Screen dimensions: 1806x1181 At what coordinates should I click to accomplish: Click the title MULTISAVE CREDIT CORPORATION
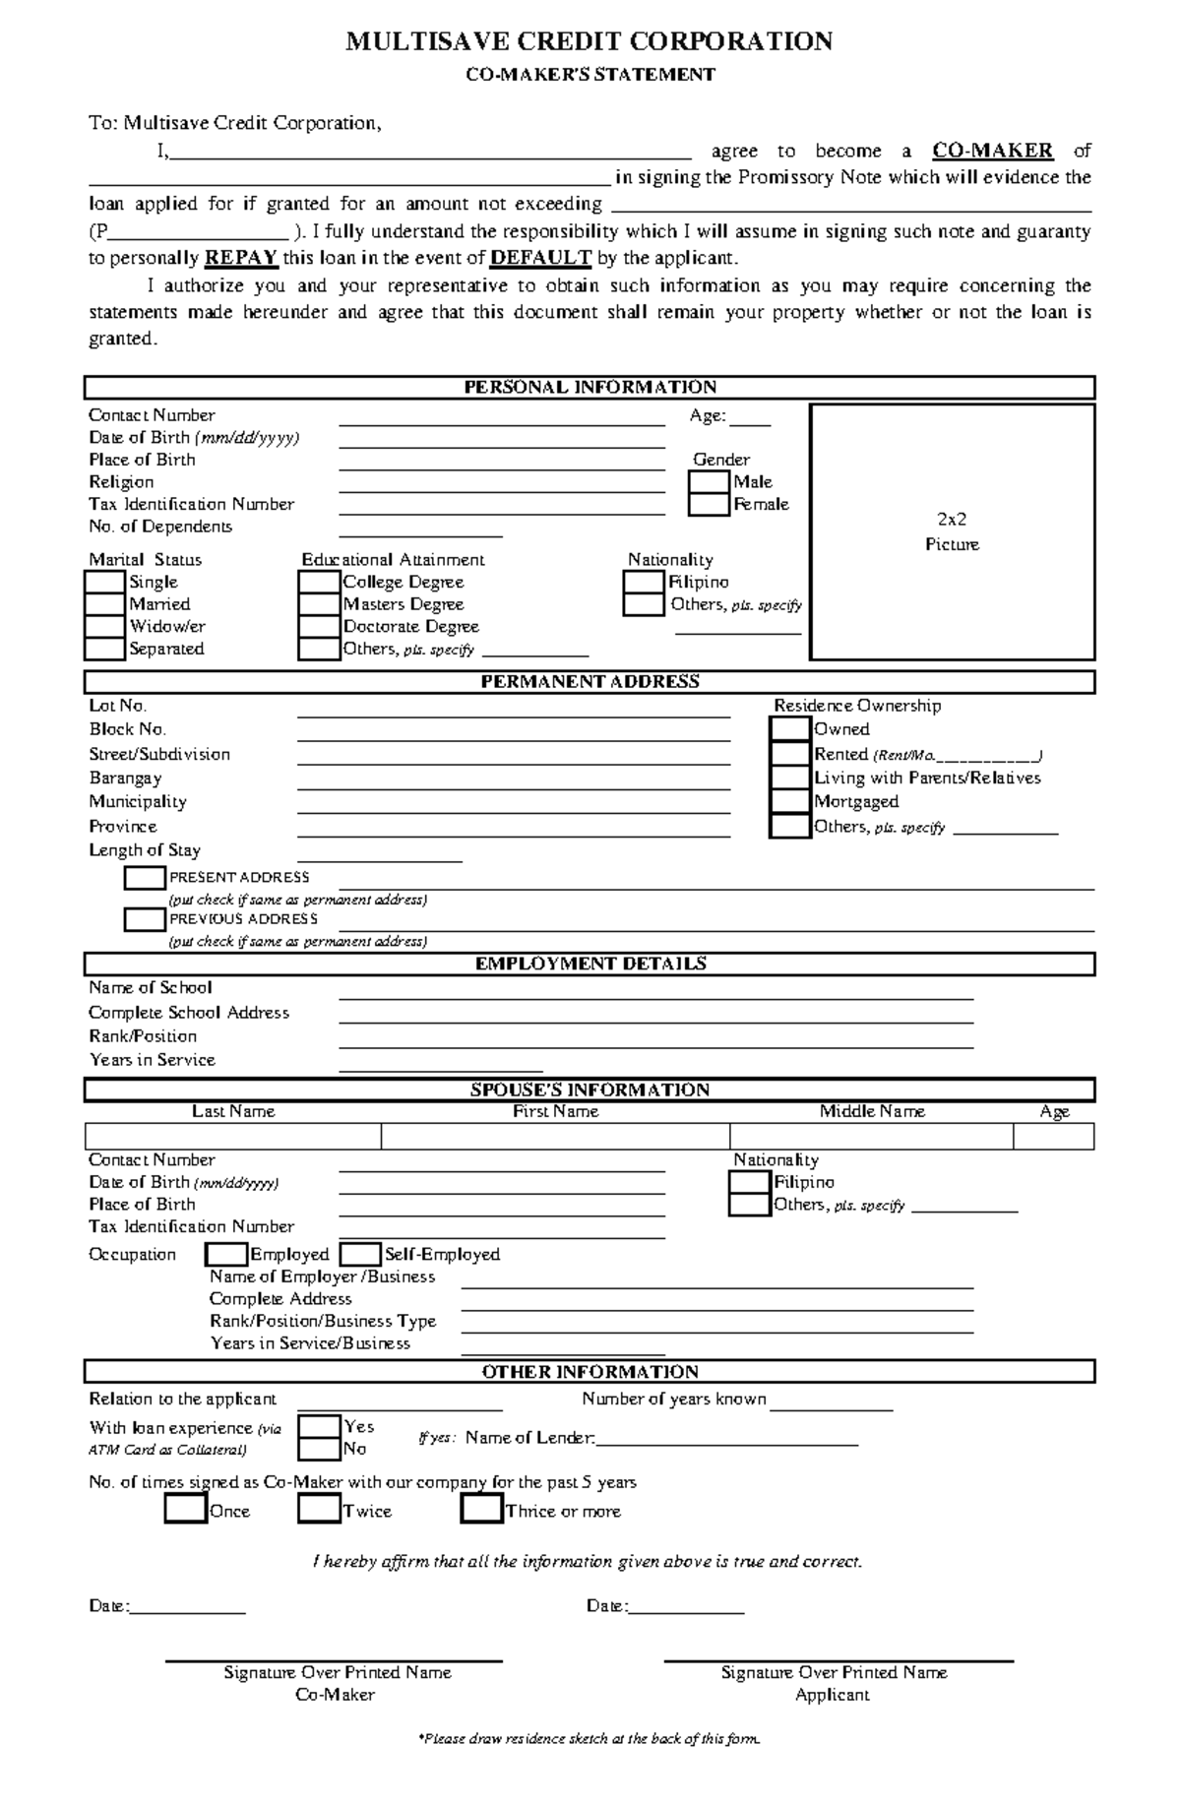coord(590,41)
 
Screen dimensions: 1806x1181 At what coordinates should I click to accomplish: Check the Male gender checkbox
coord(709,482)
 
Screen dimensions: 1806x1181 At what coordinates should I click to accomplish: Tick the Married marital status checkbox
coord(104,604)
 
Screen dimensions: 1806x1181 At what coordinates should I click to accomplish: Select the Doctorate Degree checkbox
coord(318,627)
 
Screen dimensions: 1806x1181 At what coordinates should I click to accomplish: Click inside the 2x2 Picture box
coord(952,531)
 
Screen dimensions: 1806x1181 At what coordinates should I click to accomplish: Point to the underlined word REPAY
coord(241,259)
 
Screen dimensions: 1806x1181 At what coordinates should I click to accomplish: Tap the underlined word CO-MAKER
coord(992,151)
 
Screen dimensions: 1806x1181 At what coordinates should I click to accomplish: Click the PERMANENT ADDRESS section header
coord(590,682)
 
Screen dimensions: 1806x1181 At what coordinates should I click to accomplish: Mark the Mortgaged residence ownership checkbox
coord(789,802)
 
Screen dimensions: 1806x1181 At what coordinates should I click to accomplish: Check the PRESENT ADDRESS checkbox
coord(145,878)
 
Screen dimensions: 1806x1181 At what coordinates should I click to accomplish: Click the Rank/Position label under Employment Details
coord(143,1036)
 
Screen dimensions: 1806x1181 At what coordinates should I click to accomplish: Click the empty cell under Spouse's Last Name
coord(233,1137)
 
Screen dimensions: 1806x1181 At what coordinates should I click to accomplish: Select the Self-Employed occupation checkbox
coord(360,1255)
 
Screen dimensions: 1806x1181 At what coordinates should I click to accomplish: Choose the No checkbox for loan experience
coord(318,1450)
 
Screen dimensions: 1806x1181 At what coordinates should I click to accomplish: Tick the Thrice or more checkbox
coord(481,1510)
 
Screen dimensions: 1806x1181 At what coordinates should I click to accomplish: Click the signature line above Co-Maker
coord(335,1661)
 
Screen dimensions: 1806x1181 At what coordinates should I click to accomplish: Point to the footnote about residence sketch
coord(590,1739)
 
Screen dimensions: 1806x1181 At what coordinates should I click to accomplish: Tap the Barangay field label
coord(125,778)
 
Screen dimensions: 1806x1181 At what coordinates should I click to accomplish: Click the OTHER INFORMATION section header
coord(590,1372)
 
